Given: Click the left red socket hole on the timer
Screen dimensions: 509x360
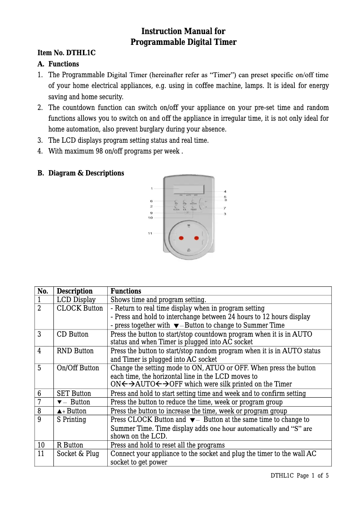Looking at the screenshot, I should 181,237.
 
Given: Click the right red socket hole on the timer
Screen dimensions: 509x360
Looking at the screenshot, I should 196,237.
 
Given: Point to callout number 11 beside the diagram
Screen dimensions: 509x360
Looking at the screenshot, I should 150,233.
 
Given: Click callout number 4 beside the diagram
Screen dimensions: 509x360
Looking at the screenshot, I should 225,192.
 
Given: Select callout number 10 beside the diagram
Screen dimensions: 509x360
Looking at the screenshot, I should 150,218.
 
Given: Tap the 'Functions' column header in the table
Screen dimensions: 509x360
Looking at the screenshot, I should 126,291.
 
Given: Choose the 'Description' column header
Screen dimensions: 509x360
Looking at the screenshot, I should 75,291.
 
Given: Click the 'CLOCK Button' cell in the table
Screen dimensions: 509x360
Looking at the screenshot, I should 79,308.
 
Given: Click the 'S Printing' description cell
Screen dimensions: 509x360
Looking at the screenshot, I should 71,420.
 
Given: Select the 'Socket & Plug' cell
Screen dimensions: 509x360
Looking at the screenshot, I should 78,454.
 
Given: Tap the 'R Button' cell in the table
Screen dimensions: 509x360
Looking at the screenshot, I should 70,445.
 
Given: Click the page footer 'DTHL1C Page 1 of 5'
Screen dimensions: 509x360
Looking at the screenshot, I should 299,475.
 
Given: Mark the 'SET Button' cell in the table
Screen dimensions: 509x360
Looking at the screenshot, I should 74,394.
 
